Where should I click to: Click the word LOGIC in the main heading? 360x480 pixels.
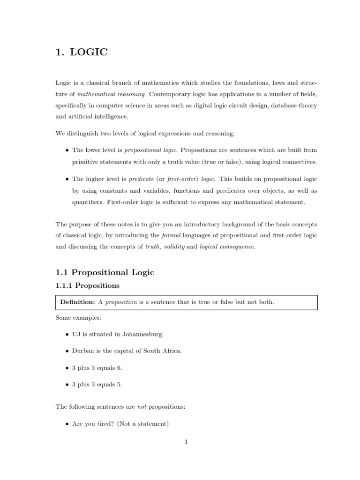[89, 52]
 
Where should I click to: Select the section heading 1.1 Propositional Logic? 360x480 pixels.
[105, 272]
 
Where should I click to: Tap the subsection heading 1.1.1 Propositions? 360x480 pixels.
[87, 285]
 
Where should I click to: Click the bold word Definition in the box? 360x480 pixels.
[77, 302]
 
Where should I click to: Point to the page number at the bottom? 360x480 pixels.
[186, 442]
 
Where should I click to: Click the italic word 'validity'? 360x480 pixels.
[173, 247]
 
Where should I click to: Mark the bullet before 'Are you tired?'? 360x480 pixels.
[67, 424]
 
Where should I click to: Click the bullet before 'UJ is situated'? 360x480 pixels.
[67, 335]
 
